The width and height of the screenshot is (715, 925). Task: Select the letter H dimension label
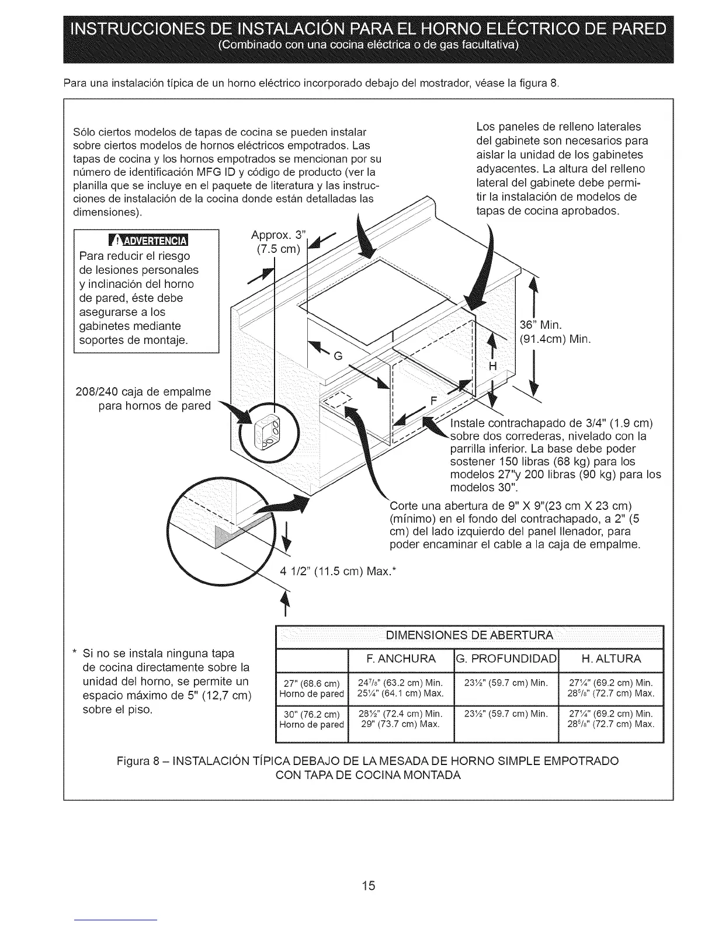pyautogui.click(x=492, y=366)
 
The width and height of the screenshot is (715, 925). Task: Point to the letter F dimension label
pyautogui.click(x=433, y=401)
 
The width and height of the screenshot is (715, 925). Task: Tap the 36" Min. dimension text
pyautogui.click(x=540, y=325)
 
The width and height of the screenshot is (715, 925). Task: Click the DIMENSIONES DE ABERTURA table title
pyautogui.click(x=469, y=635)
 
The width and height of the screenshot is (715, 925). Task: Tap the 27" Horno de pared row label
pyautogui.click(x=311, y=688)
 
